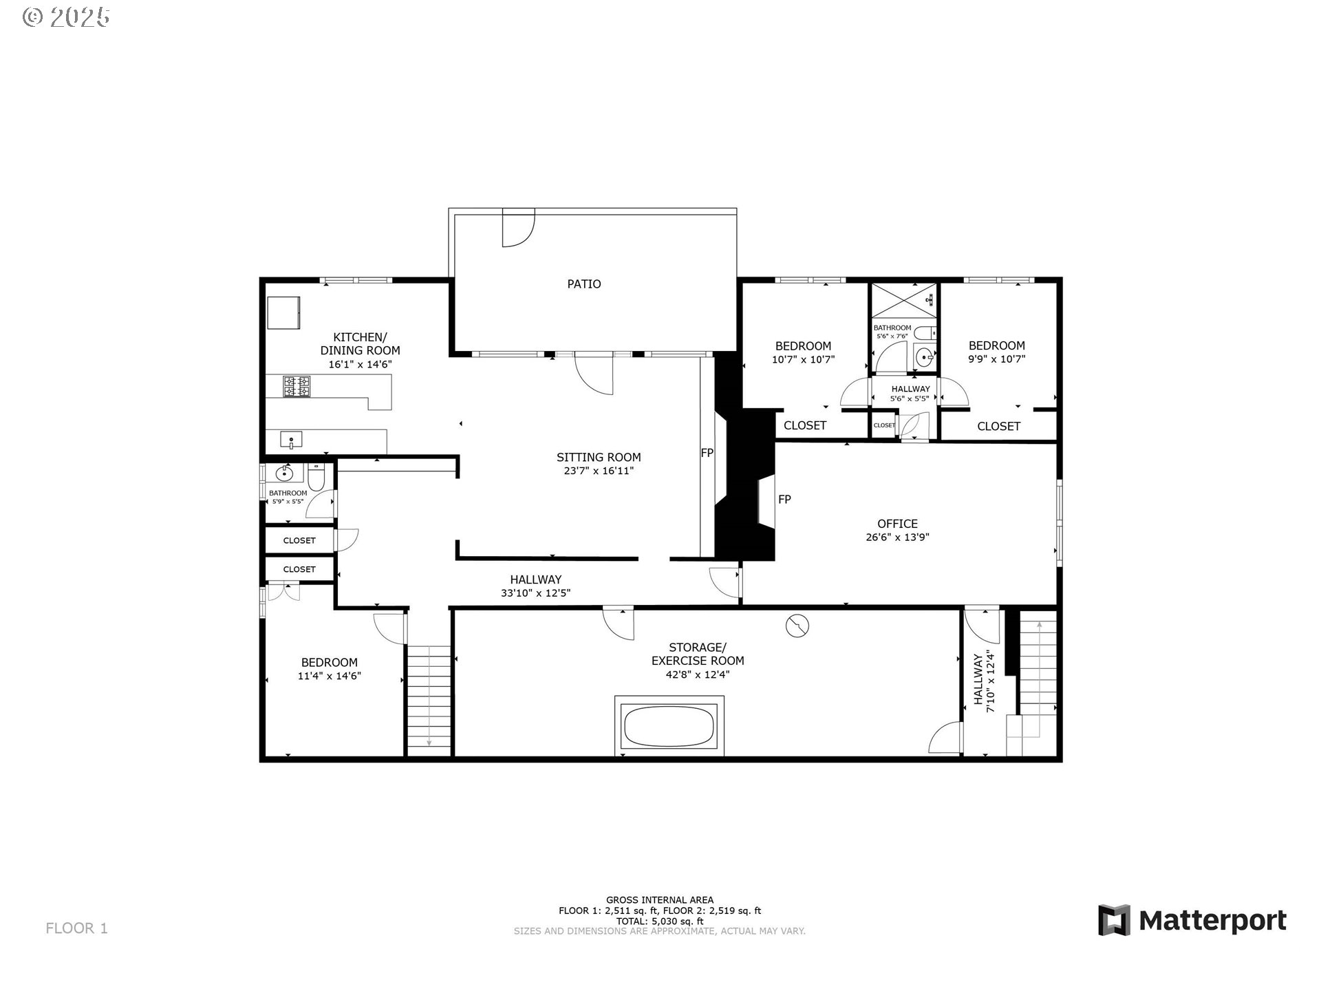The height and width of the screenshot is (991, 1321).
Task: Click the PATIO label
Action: tap(583, 284)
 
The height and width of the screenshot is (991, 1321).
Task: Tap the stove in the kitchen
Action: tap(297, 386)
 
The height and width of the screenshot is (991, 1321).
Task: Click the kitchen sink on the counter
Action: tap(292, 439)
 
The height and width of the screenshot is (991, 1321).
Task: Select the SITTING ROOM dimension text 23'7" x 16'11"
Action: tap(598, 471)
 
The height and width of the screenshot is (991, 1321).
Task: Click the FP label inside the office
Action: tap(784, 500)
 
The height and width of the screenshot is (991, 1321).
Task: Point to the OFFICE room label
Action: tap(897, 524)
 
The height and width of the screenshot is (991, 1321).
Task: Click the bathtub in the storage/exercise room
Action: tap(669, 726)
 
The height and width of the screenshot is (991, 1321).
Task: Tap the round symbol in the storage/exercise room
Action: tap(797, 625)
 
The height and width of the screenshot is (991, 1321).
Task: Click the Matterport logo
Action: tap(1192, 920)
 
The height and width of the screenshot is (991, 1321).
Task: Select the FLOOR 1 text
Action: tap(76, 928)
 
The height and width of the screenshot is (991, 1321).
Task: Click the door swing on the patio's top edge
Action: tap(517, 229)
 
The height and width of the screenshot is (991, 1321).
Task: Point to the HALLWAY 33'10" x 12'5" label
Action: tap(535, 586)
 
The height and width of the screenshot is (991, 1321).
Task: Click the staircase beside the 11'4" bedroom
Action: tap(429, 699)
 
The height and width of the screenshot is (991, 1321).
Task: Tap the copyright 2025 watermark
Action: tap(67, 17)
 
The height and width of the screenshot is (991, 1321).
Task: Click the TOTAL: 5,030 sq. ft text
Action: tap(659, 921)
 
